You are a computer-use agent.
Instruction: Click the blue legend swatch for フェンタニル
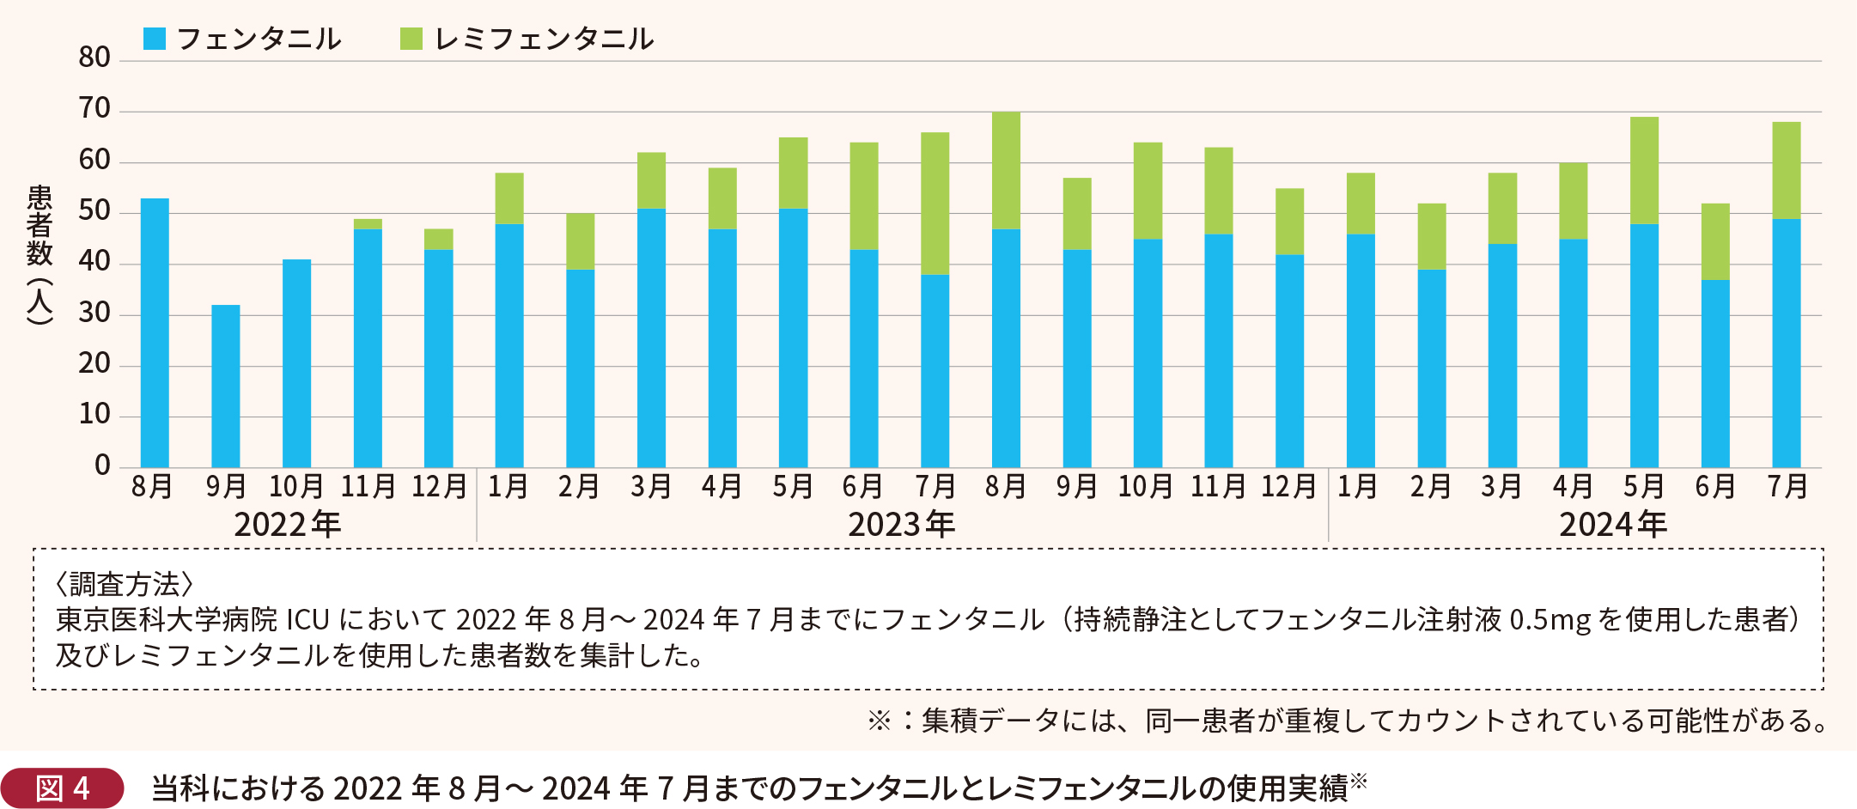coord(155,39)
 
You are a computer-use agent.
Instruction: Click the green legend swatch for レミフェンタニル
coord(411,39)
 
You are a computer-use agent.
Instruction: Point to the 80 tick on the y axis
coord(94,58)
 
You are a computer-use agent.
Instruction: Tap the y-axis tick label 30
coord(94,313)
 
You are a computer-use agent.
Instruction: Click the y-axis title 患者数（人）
coord(40,254)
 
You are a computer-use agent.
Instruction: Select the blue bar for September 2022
coord(226,386)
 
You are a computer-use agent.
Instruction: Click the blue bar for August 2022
coord(155,335)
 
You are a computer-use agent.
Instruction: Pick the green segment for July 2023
coord(935,204)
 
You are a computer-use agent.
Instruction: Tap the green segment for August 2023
coord(1006,171)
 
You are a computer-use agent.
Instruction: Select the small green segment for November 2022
coord(368,224)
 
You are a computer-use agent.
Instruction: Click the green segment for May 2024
coord(1644,171)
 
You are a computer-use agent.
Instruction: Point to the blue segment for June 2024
coord(1715,374)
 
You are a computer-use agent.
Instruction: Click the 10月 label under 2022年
coord(296,487)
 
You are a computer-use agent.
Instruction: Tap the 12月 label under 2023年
coord(1288,487)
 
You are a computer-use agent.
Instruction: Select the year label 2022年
coord(288,525)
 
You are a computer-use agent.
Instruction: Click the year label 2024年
coord(1613,525)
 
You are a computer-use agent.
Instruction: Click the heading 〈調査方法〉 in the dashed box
coord(124,584)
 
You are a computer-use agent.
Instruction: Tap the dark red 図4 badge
coord(63,788)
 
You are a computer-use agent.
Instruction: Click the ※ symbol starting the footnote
coord(879,720)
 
